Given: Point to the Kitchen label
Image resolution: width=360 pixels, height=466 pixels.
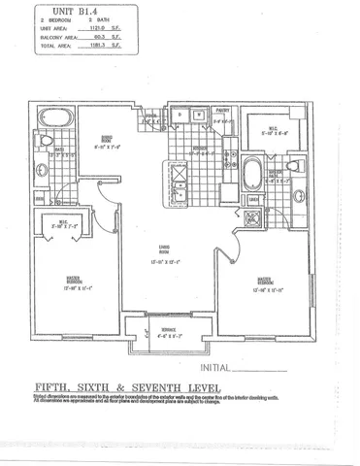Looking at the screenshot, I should (x=200, y=149).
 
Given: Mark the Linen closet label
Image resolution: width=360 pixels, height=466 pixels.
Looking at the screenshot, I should (x=251, y=200).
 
